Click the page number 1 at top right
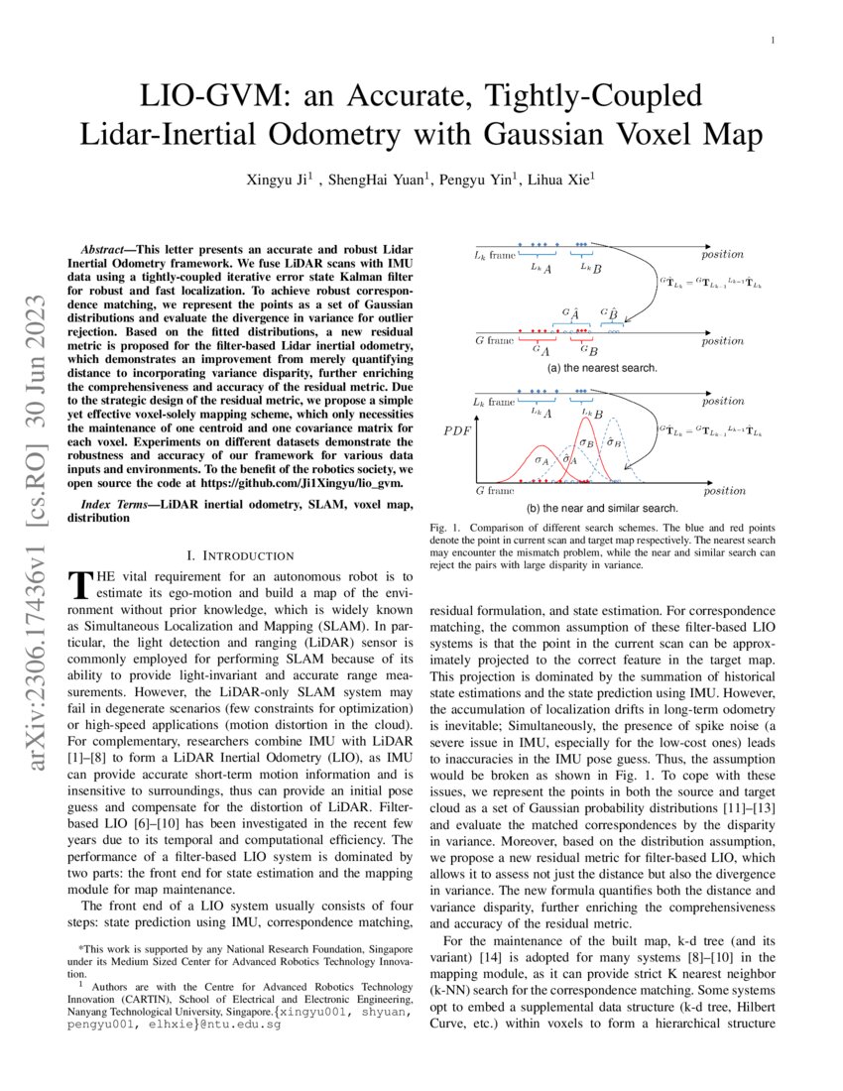pyautogui.click(x=774, y=41)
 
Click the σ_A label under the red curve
pyautogui.click(x=541, y=459)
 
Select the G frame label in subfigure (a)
pyautogui.click(x=492, y=340)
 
